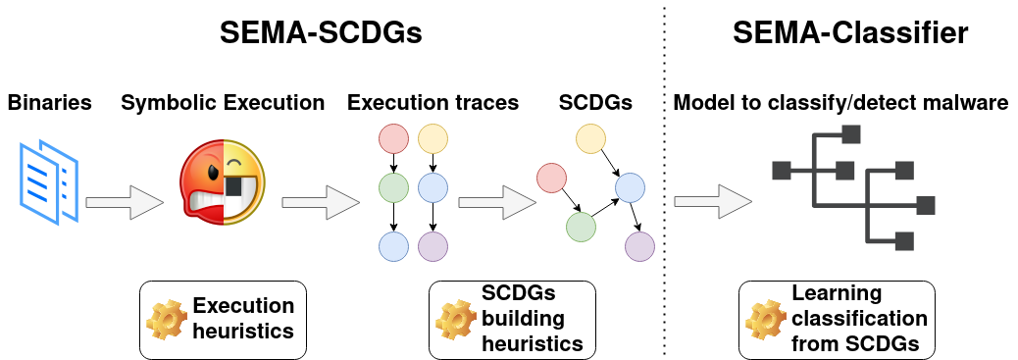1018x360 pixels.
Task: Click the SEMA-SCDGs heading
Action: pos(321,34)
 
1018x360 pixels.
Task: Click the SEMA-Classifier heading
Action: pos(850,34)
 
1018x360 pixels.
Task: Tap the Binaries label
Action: pos(50,102)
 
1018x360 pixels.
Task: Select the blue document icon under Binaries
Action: pos(48,180)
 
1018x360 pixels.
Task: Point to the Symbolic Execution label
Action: pos(223,102)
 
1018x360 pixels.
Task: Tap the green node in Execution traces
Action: pos(393,185)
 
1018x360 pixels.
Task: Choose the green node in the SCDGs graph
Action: pos(581,227)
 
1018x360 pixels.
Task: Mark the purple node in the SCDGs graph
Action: pos(640,245)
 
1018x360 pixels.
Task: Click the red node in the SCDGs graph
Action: pos(551,179)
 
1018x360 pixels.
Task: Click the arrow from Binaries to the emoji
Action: pos(125,203)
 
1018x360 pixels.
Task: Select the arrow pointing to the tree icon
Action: pos(713,203)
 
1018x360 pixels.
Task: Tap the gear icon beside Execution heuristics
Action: pos(163,319)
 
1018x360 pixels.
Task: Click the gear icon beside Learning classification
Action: pos(763,319)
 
